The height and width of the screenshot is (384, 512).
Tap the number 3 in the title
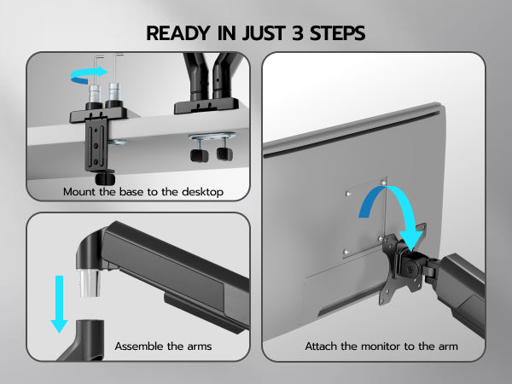(x=298, y=33)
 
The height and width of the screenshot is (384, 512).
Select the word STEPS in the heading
(x=337, y=33)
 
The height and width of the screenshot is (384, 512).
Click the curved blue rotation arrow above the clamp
(x=89, y=76)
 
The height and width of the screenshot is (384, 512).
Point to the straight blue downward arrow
(x=59, y=304)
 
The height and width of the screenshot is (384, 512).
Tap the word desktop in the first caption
(x=202, y=192)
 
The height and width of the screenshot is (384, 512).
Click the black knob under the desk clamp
(x=105, y=178)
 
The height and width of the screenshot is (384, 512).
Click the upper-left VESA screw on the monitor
(x=348, y=194)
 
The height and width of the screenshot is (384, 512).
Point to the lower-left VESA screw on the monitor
(x=346, y=252)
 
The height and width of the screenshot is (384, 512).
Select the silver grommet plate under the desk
(x=212, y=136)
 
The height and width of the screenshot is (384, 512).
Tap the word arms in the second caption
(x=200, y=346)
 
